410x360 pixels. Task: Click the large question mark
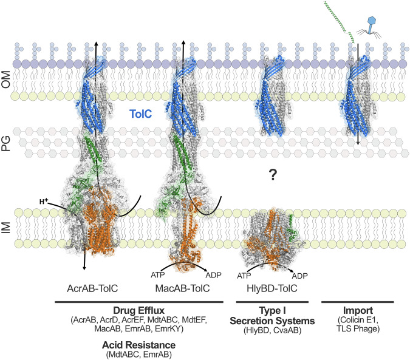point(273,175)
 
